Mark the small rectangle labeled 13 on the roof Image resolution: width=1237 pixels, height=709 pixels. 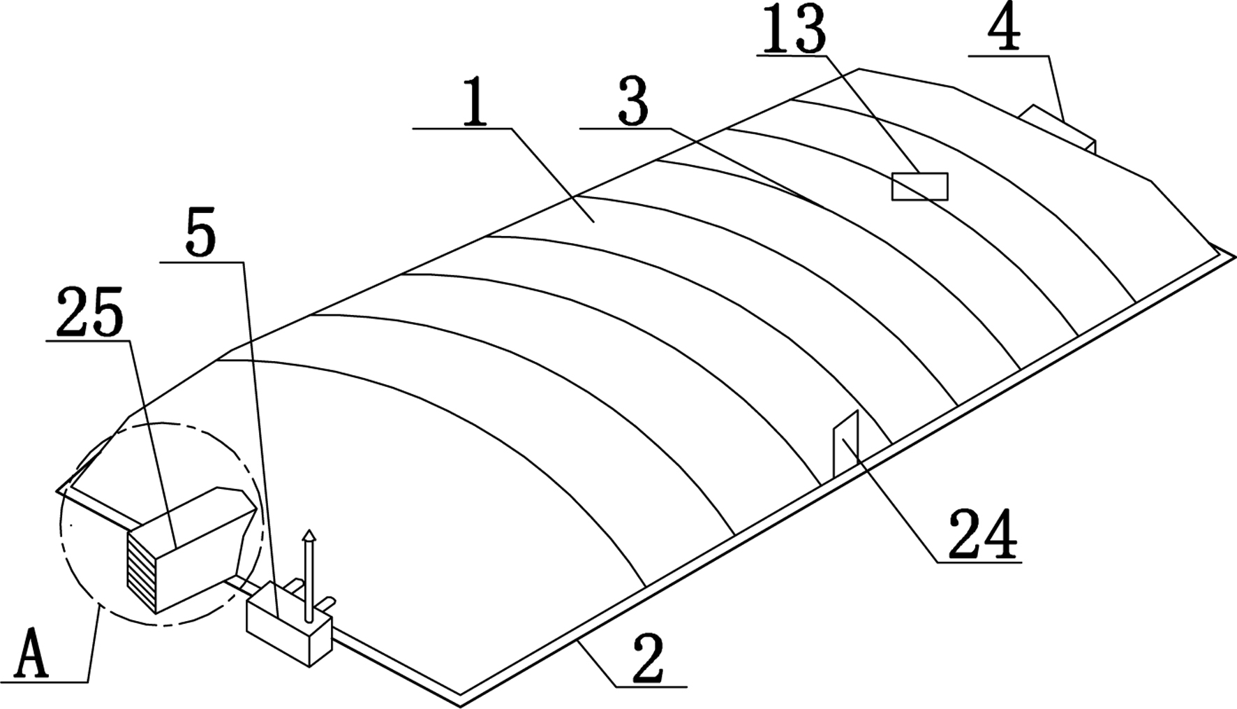(919, 187)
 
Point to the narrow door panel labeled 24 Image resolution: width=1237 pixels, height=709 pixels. (845, 444)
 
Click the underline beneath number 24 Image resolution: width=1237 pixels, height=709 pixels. (977, 562)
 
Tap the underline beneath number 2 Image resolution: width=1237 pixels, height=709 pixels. (651, 687)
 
